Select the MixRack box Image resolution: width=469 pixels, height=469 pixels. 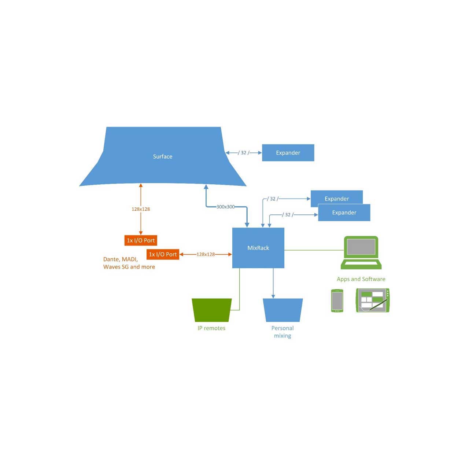tap(258, 248)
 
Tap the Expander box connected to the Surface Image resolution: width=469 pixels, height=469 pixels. tap(288, 153)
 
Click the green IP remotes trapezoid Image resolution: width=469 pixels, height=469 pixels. tap(211, 310)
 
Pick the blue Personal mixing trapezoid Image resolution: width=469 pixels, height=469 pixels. tap(282, 310)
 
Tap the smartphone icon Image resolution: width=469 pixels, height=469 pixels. tap(337, 301)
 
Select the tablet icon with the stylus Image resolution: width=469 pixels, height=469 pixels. tap(372, 300)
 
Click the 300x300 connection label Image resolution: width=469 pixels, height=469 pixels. tap(225, 207)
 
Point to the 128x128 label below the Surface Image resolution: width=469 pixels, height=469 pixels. tap(141, 209)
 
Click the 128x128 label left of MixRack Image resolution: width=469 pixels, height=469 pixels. tap(206, 254)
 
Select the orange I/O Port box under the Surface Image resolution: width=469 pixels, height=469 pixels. tap(141, 240)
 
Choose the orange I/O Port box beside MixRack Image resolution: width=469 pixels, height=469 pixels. tap(163, 254)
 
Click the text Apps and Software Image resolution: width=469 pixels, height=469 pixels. tap(361, 279)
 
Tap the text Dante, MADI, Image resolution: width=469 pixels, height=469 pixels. tap(121, 259)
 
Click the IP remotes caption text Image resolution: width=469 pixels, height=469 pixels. tap(211, 328)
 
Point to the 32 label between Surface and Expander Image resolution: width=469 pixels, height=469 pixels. tap(244, 153)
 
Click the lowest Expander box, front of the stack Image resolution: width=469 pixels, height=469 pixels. tap(344, 213)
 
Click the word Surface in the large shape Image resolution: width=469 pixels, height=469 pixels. tap(163, 156)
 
